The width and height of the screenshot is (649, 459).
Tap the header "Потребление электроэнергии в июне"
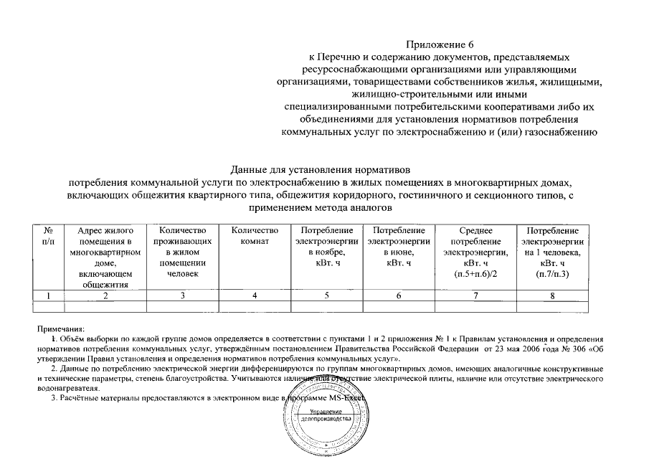(398, 247)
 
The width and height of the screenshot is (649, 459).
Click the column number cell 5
(326, 295)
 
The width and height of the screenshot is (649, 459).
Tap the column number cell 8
(551, 295)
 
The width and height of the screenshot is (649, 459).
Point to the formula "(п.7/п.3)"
(551, 275)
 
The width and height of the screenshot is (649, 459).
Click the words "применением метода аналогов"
(320, 207)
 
